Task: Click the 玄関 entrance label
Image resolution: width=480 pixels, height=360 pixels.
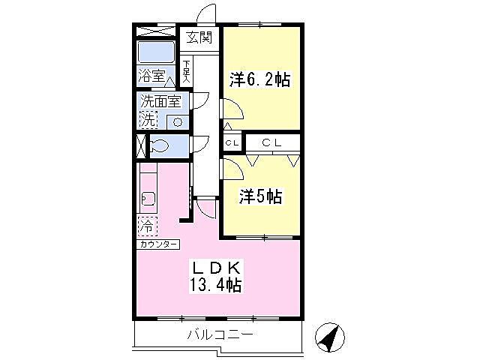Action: (x=199, y=38)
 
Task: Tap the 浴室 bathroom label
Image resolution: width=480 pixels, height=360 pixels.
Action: (x=151, y=75)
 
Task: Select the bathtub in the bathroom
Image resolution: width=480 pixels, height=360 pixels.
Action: (x=157, y=52)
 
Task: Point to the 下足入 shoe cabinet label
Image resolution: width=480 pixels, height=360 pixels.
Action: (x=187, y=72)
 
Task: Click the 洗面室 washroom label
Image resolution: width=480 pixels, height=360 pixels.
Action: (x=160, y=101)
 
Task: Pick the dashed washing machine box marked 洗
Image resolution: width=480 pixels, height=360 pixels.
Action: (x=148, y=120)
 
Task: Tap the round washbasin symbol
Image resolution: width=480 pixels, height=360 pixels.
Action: (x=177, y=122)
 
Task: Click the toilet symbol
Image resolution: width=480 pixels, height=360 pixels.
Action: (x=158, y=145)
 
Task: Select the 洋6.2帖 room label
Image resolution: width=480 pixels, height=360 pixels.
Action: (x=260, y=80)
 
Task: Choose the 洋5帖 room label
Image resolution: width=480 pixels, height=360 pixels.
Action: (x=260, y=196)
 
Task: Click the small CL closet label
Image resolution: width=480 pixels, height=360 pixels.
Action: (x=232, y=142)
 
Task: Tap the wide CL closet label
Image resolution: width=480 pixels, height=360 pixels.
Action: (x=271, y=142)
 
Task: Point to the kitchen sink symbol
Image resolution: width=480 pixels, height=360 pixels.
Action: (x=148, y=199)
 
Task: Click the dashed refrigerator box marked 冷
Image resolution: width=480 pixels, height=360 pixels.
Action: (x=148, y=226)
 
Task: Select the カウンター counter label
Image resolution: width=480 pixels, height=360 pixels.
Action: (x=158, y=244)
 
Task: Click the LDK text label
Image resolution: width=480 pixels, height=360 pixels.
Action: (x=217, y=268)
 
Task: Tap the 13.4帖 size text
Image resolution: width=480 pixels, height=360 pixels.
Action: (x=215, y=285)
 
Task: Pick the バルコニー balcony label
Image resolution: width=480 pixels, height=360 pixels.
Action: (x=220, y=334)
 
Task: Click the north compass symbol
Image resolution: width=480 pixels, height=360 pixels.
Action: (x=330, y=337)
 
